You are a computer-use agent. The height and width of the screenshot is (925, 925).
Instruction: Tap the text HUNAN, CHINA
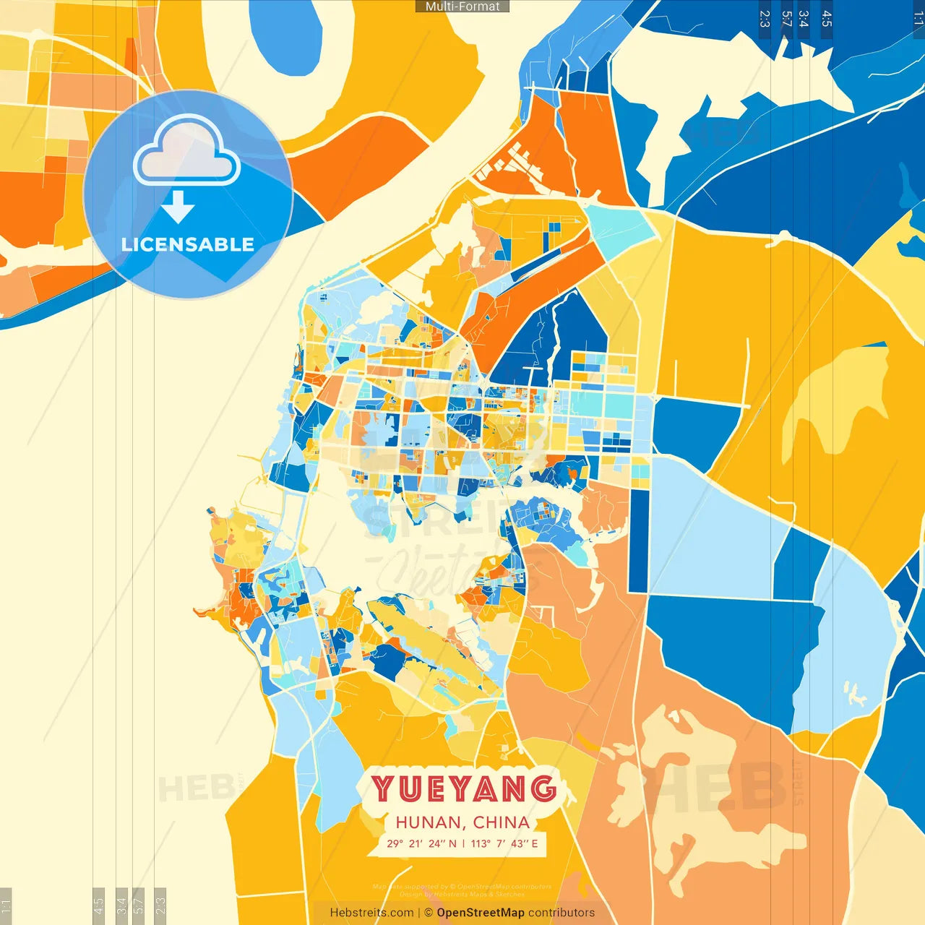[x=462, y=822]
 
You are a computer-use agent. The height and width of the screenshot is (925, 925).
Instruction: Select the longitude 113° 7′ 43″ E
[x=504, y=843]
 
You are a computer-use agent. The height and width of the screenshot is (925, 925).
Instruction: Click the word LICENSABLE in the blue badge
[x=188, y=244]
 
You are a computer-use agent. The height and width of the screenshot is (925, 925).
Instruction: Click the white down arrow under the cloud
[x=178, y=207]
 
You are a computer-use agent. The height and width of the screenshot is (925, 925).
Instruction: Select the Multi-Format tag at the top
[x=462, y=7]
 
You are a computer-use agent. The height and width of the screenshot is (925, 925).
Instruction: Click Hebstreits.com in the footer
[x=371, y=913]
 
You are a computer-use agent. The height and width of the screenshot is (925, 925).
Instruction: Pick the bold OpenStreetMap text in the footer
[x=481, y=913]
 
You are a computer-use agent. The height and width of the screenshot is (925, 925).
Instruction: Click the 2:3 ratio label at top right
[x=765, y=19]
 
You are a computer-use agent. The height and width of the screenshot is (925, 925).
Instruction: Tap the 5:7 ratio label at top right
[x=786, y=19]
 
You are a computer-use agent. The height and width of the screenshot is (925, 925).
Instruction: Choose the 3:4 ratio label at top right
[x=804, y=19]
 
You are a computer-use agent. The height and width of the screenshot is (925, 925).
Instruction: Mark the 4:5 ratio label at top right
[x=827, y=19]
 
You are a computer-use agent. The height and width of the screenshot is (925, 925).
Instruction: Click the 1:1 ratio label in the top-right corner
[x=918, y=19]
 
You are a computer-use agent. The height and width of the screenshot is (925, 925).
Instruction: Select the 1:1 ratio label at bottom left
[x=6, y=905]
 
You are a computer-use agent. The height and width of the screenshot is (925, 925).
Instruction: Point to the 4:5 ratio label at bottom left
[x=98, y=905]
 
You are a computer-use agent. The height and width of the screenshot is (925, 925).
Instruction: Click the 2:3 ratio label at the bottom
[x=160, y=905]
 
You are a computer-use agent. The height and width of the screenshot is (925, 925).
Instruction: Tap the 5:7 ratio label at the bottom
[x=139, y=905]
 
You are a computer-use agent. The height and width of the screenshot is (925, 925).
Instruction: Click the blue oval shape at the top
[x=286, y=36]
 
